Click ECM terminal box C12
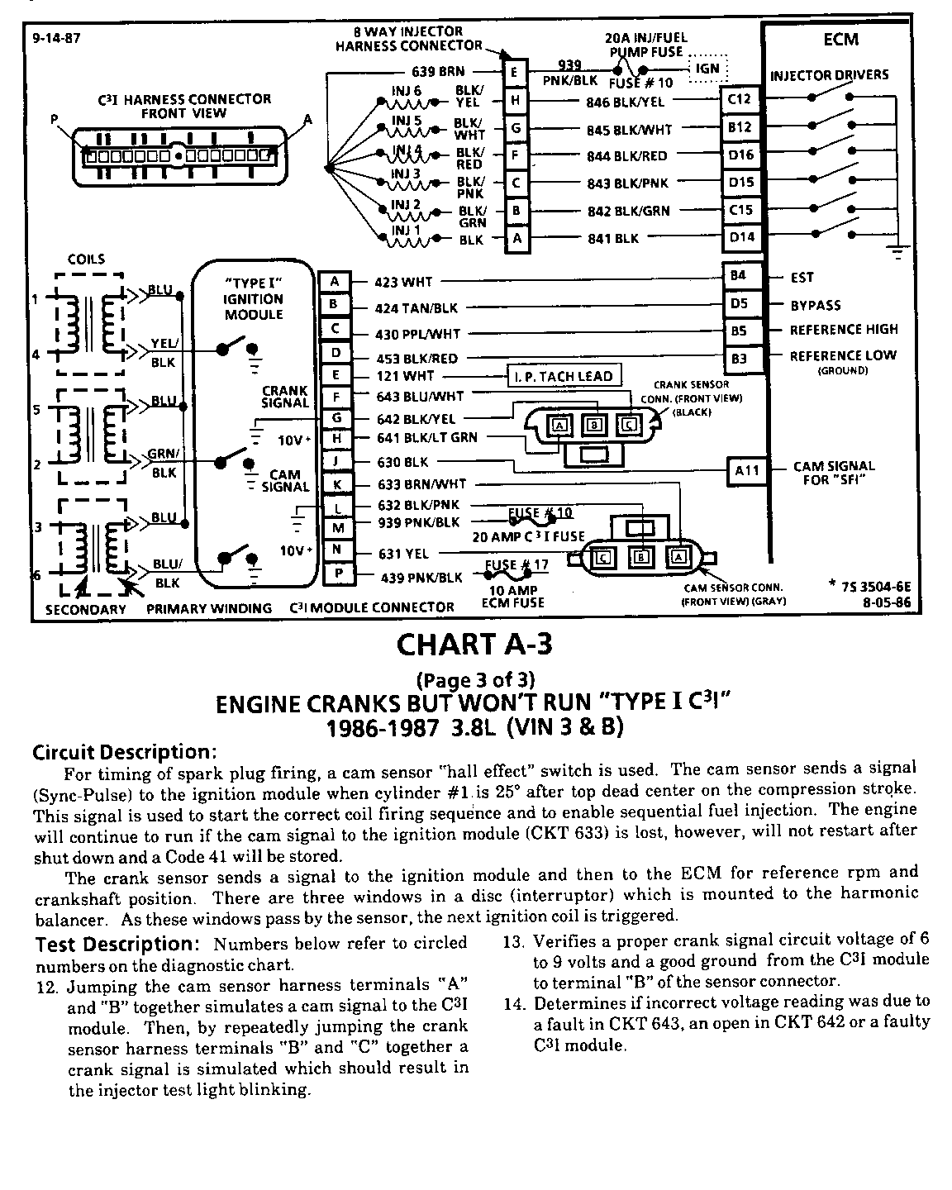[739, 100]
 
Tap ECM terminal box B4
[739, 276]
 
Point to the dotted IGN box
[707, 68]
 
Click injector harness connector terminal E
[515, 73]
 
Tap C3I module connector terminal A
[335, 282]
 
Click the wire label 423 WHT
[403, 282]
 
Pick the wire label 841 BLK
[612, 238]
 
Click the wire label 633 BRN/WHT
[421, 484]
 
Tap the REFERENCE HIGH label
[843, 330]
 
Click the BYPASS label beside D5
[815, 305]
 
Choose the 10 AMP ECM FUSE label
[513, 596]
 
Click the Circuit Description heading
[124, 753]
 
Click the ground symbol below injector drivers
[899, 253]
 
